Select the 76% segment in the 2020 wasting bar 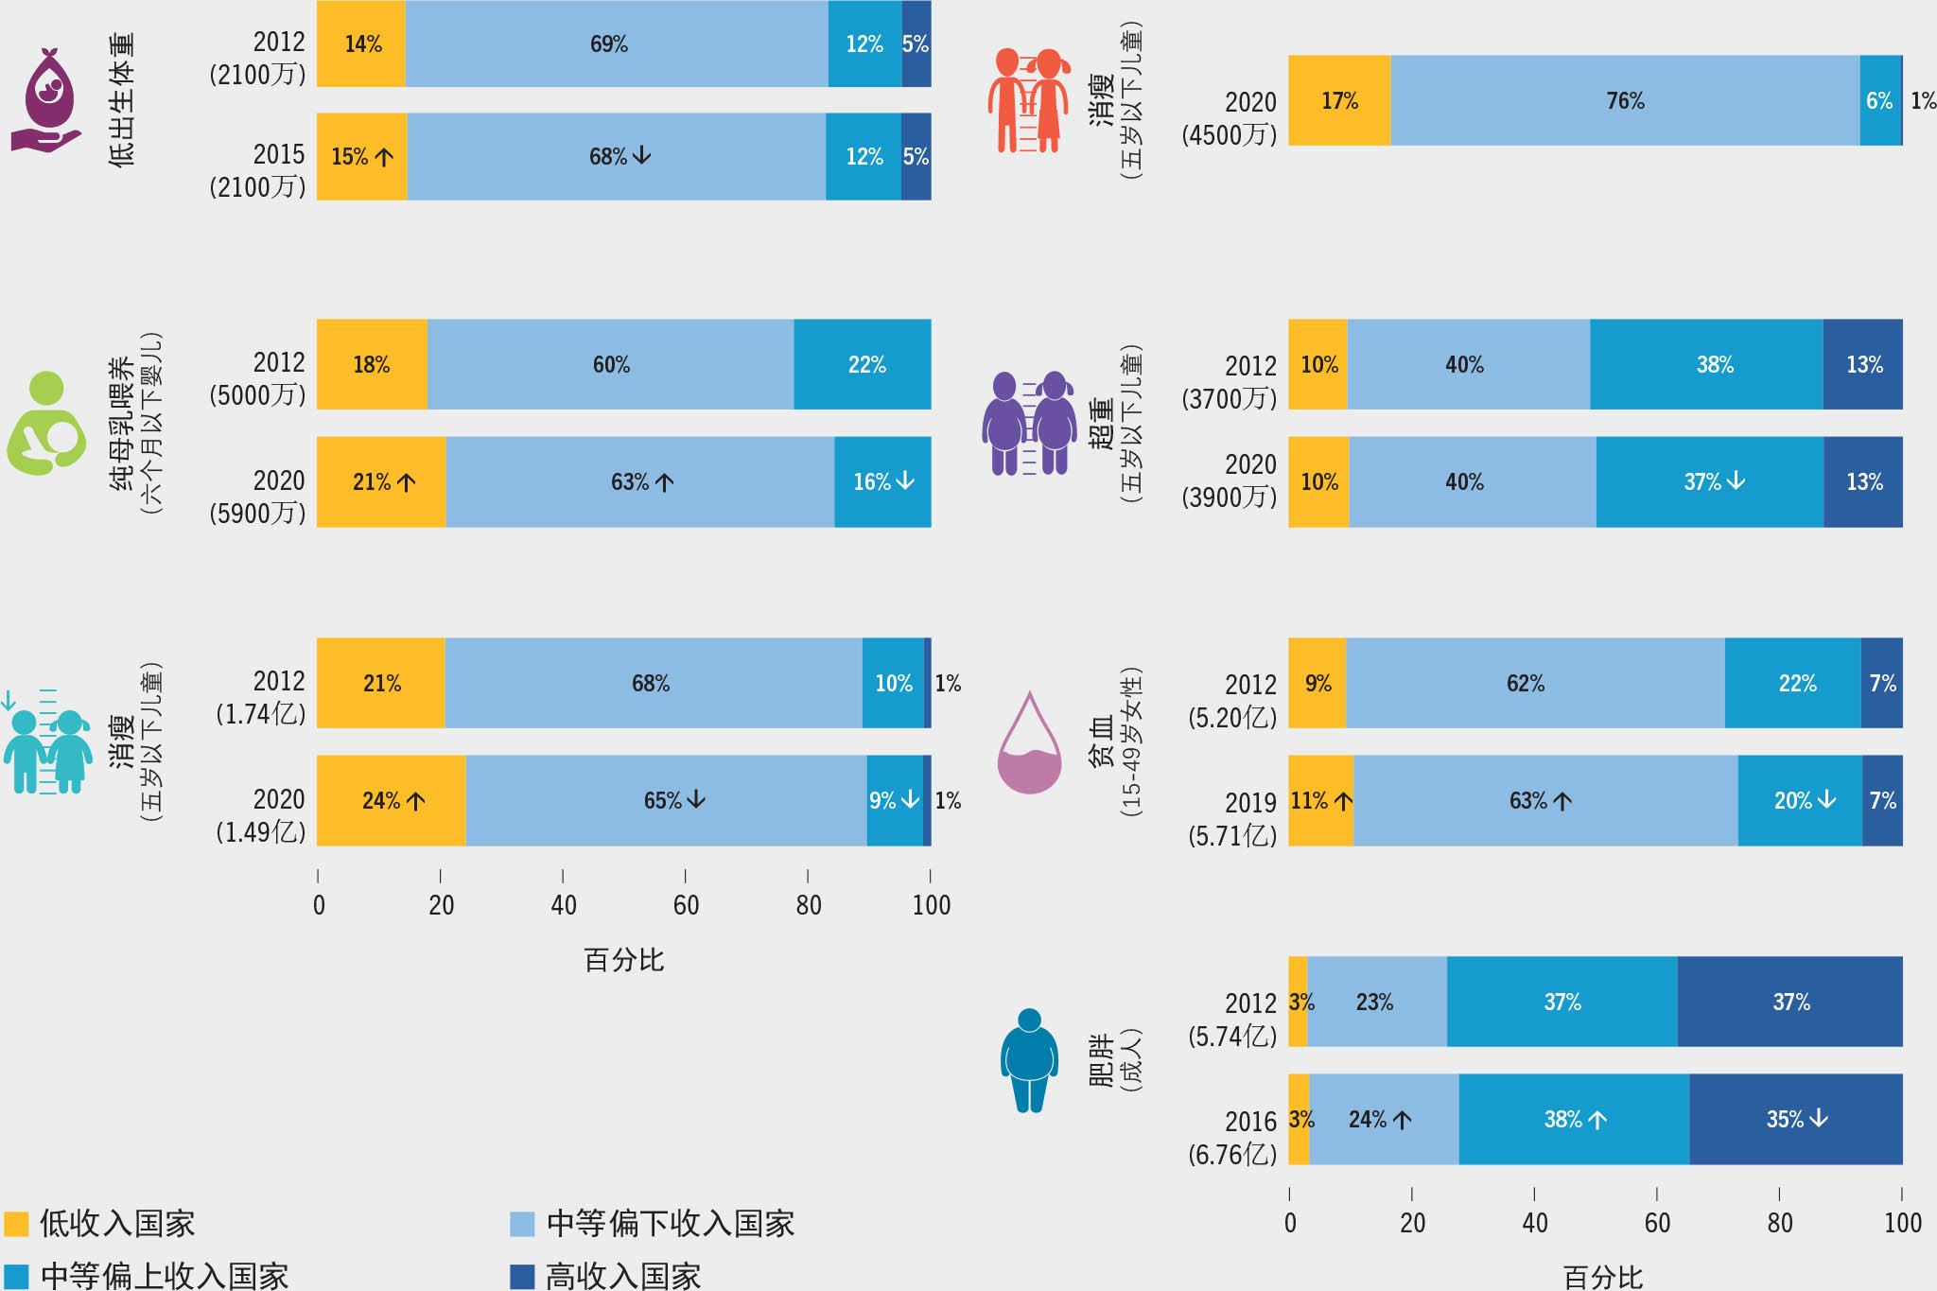pyautogui.click(x=1624, y=101)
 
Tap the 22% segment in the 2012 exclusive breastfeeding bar pyautogui.click(x=864, y=365)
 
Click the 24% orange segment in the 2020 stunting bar pyautogui.click(x=392, y=801)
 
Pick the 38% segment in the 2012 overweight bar pyautogui.click(x=1707, y=365)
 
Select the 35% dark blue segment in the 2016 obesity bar pyautogui.click(x=1795, y=1120)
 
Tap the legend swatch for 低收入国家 pyautogui.click(x=17, y=1224)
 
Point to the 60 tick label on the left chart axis pyautogui.click(x=686, y=905)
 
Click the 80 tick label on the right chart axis pyautogui.click(x=1779, y=1223)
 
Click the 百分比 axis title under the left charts pyautogui.click(x=623, y=960)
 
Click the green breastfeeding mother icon pyautogui.click(x=45, y=424)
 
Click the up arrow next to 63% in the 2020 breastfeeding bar pyautogui.click(x=665, y=482)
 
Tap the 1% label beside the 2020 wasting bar pyautogui.click(x=1923, y=101)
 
